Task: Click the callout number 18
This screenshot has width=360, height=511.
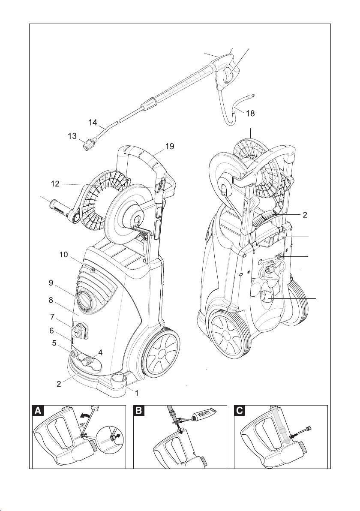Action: click(x=250, y=113)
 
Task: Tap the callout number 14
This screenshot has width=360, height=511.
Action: click(x=93, y=122)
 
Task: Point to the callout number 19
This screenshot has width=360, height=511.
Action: click(x=170, y=146)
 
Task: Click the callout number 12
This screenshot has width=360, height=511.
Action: click(x=54, y=184)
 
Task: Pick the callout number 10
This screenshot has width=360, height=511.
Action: click(x=64, y=255)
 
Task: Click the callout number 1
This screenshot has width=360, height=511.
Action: click(x=137, y=392)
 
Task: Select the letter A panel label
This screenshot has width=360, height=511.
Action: click(x=39, y=411)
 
